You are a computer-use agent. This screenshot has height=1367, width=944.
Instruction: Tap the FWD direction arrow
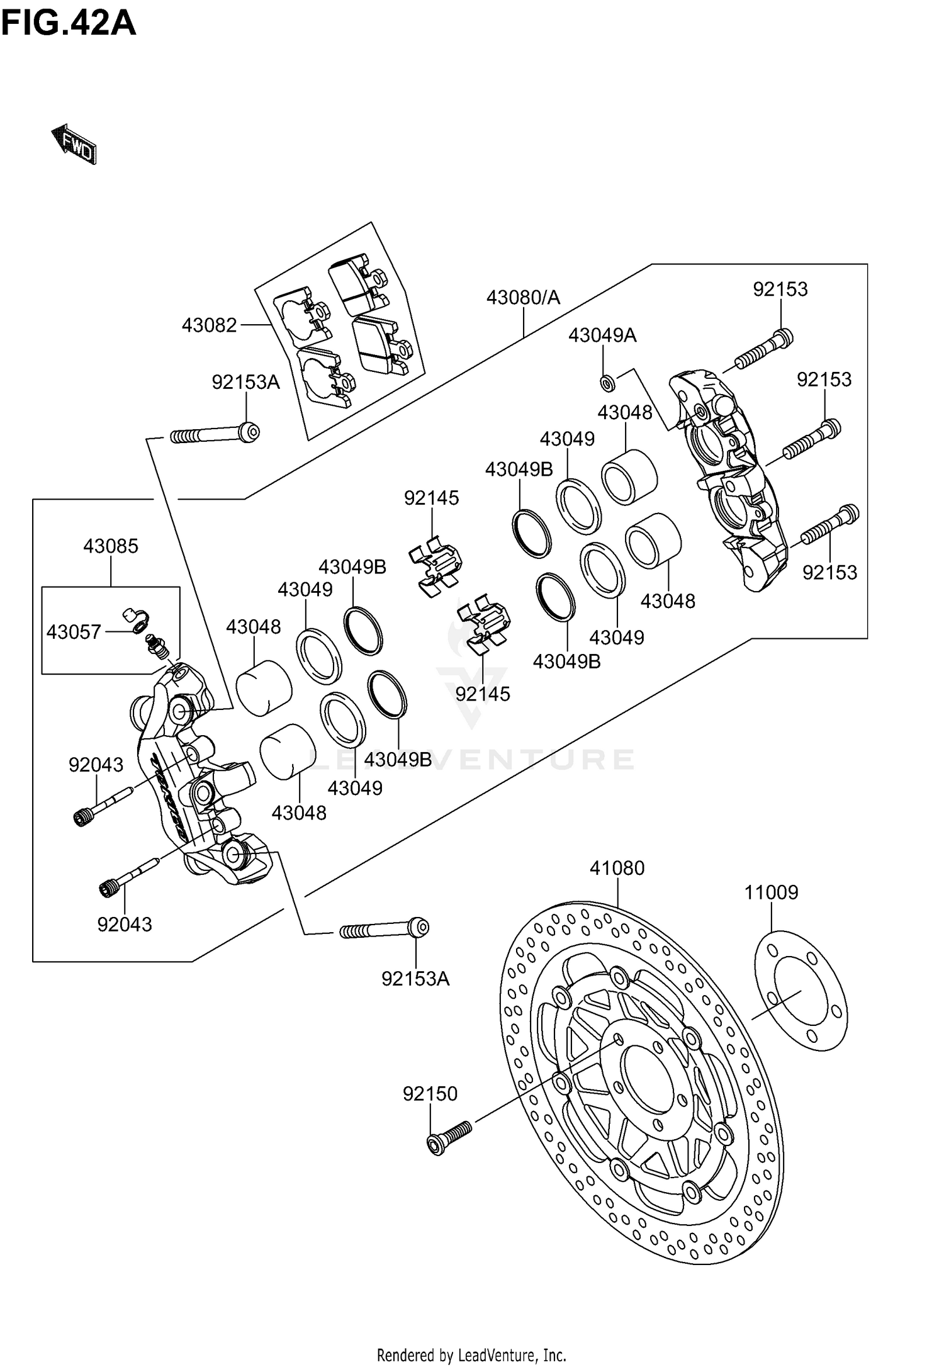[x=74, y=145]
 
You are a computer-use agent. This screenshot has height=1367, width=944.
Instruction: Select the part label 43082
[x=209, y=325]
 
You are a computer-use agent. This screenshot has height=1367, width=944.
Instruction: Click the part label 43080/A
[x=522, y=298]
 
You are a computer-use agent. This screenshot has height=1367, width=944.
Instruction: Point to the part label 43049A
[x=602, y=335]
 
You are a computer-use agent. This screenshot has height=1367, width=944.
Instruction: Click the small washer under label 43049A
[x=606, y=381]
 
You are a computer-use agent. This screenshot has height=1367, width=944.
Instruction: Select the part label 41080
[x=617, y=868]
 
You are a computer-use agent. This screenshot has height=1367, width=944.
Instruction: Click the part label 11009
[x=771, y=892]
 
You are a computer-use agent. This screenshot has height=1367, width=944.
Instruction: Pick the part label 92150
[x=430, y=1093]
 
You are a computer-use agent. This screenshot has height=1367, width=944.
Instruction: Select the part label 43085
[x=111, y=546]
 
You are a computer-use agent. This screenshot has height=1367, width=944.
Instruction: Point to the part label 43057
[x=74, y=631]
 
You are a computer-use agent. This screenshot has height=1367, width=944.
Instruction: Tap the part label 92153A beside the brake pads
[x=245, y=382]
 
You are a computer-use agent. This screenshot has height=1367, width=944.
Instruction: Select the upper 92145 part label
[x=431, y=498]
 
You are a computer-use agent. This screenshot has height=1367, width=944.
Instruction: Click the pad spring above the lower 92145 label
[x=484, y=624]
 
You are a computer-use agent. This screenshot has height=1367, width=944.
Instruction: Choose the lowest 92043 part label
[x=125, y=924]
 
